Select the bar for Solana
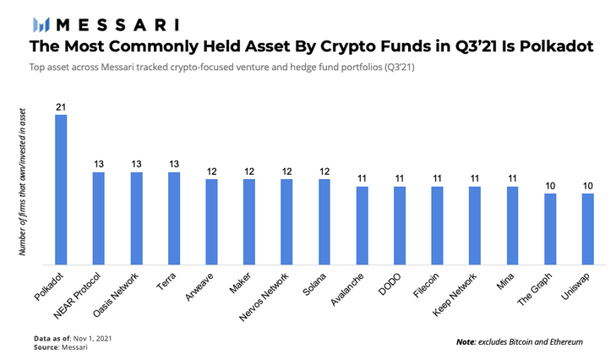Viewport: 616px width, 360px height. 324,221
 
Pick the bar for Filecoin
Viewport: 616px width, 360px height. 438,224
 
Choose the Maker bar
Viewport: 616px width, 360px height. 249,221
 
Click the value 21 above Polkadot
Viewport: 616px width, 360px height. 61,106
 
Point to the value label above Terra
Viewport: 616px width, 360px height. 174,164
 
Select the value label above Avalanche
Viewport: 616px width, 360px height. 363,178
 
